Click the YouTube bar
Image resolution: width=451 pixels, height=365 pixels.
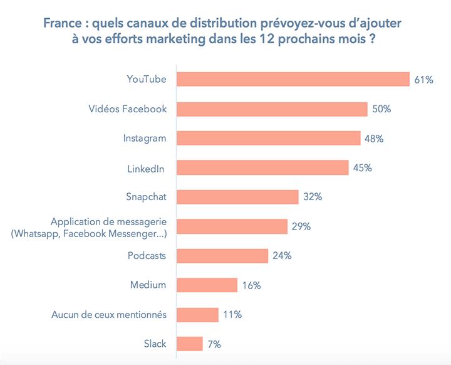pos(293,79)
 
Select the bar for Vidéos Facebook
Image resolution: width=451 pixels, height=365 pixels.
pos(272,108)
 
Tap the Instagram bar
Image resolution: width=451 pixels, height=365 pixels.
pos(268,138)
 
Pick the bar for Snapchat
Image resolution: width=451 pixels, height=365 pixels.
pos(237,197)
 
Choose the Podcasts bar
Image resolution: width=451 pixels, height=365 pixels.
pos(222,256)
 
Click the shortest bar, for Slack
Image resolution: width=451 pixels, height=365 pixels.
pos(190,344)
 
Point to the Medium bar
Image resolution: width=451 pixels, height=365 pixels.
pos(207,285)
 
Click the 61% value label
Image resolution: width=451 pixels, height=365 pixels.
pos(423,80)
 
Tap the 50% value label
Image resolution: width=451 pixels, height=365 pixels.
pos(381,109)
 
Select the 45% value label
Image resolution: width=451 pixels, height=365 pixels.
pos(362,167)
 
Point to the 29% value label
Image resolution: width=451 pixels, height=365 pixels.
pos(301,226)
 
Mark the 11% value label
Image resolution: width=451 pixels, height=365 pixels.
pos(232,315)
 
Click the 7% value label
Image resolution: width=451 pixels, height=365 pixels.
pos(214,344)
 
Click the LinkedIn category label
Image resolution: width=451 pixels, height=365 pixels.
pos(147,167)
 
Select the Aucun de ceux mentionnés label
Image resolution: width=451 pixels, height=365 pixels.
pos(109,314)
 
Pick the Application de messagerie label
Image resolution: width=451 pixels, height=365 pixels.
pos(109,222)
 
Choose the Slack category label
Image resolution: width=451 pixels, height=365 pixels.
pos(155,344)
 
